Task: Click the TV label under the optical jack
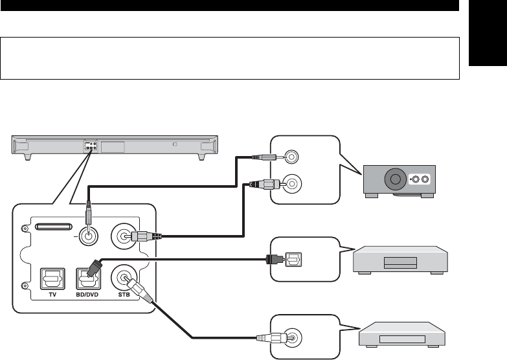(x=52, y=295)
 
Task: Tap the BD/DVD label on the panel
(x=87, y=295)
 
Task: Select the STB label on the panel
(x=124, y=295)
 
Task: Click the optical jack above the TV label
(x=52, y=279)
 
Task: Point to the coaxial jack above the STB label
(x=124, y=277)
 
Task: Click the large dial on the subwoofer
(x=395, y=179)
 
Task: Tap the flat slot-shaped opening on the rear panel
(x=53, y=227)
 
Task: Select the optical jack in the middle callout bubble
(x=293, y=260)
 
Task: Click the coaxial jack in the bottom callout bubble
(x=292, y=338)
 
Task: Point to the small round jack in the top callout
(x=291, y=157)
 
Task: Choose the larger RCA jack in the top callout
(x=292, y=184)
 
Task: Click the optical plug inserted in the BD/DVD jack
(x=94, y=268)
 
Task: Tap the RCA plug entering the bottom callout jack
(x=271, y=339)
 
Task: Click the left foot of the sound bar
(x=28, y=157)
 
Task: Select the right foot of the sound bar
(x=202, y=157)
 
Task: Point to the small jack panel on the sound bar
(x=91, y=146)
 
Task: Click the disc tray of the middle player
(x=400, y=263)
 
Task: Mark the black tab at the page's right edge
(x=488, y=33)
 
